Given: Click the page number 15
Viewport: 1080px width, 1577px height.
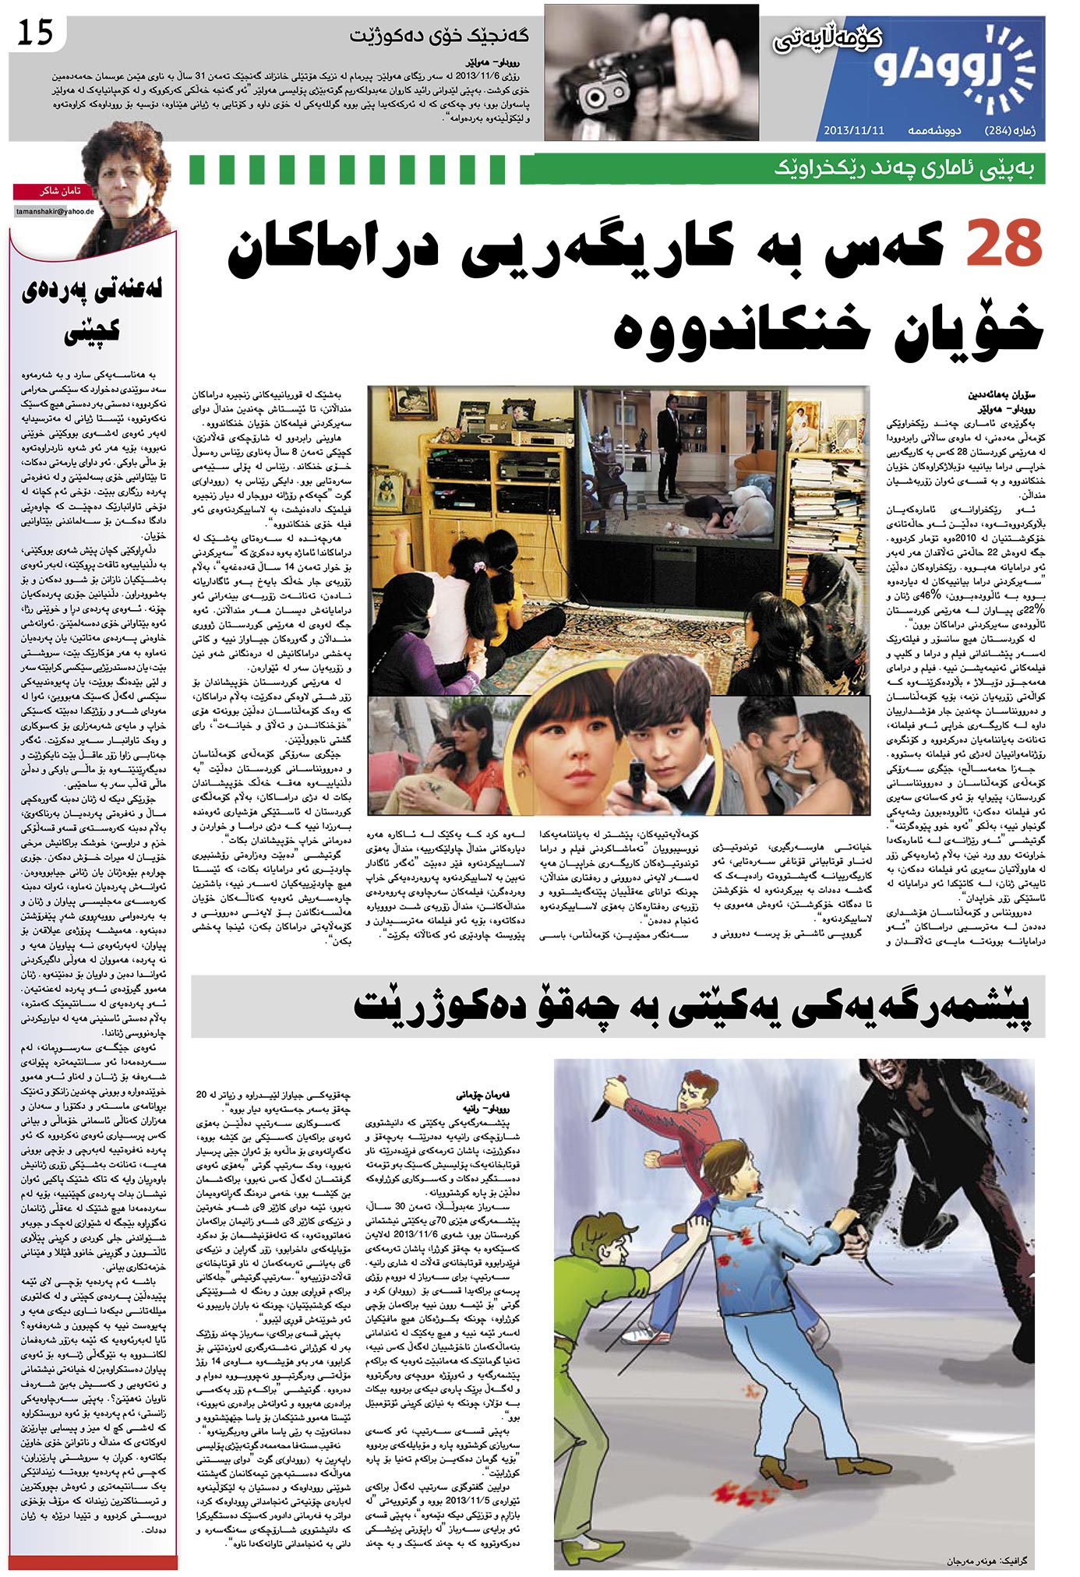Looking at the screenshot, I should coord(36,32).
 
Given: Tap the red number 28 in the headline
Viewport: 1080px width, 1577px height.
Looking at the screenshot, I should coord(1004,244).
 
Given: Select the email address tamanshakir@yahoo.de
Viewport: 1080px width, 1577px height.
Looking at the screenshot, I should coord(55,211).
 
